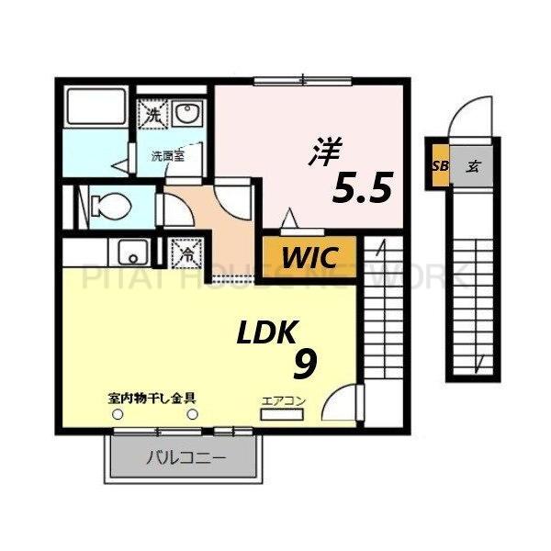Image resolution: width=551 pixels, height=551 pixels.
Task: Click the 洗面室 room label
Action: click(168, 155)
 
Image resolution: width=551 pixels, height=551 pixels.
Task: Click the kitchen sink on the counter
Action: click(129, 251)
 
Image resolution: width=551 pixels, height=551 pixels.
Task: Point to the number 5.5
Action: click(363, 189)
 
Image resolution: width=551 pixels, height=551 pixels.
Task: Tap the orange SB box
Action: click(439, 167)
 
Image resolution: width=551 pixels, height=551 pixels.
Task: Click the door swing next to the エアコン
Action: click(343, 403)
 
